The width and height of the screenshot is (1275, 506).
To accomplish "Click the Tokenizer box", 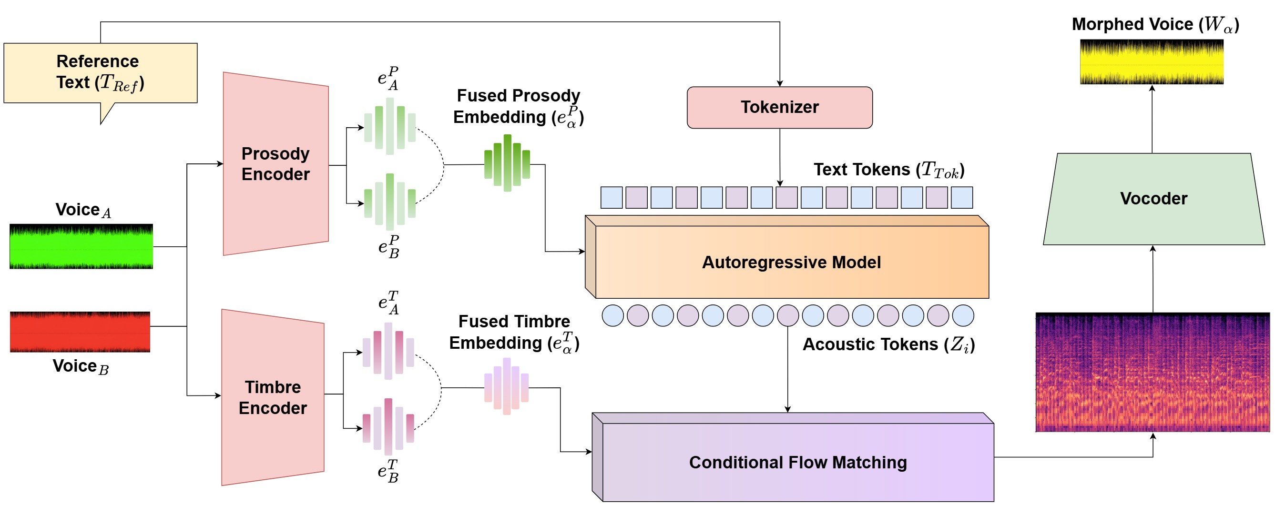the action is pos(780,107).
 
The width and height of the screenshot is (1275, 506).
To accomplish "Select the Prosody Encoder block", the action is pos(275,164).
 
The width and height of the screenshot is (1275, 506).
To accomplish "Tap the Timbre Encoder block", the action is pos(273,397).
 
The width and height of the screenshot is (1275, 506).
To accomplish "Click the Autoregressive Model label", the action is pos(791,262).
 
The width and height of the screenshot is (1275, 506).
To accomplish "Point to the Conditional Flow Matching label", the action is pos(798,462).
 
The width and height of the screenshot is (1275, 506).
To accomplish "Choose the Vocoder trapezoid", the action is pos(1154,199).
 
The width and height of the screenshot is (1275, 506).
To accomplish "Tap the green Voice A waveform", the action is pos(81,246).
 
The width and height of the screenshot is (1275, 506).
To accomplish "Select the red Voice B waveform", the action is pos(80,332).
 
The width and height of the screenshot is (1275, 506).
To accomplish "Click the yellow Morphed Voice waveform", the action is pos(1152,62).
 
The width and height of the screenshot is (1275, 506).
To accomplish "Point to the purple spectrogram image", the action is pos(1153,372).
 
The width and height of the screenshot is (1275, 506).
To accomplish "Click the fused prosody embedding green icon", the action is pos(507,163).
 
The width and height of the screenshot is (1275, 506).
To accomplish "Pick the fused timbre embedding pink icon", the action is pos(506,386).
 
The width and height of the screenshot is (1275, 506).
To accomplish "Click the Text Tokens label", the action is pos(889,170).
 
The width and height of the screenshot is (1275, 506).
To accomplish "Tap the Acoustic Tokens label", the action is pos(888,344).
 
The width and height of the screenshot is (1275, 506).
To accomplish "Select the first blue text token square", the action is pos(611,197).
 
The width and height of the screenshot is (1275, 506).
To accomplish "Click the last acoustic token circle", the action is pos(963,315).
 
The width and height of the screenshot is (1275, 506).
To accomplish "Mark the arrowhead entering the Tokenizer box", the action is pos(780,83).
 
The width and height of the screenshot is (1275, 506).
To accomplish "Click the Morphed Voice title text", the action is pos(1155,24).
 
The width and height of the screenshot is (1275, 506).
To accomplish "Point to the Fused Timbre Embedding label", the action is pos(514,332).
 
